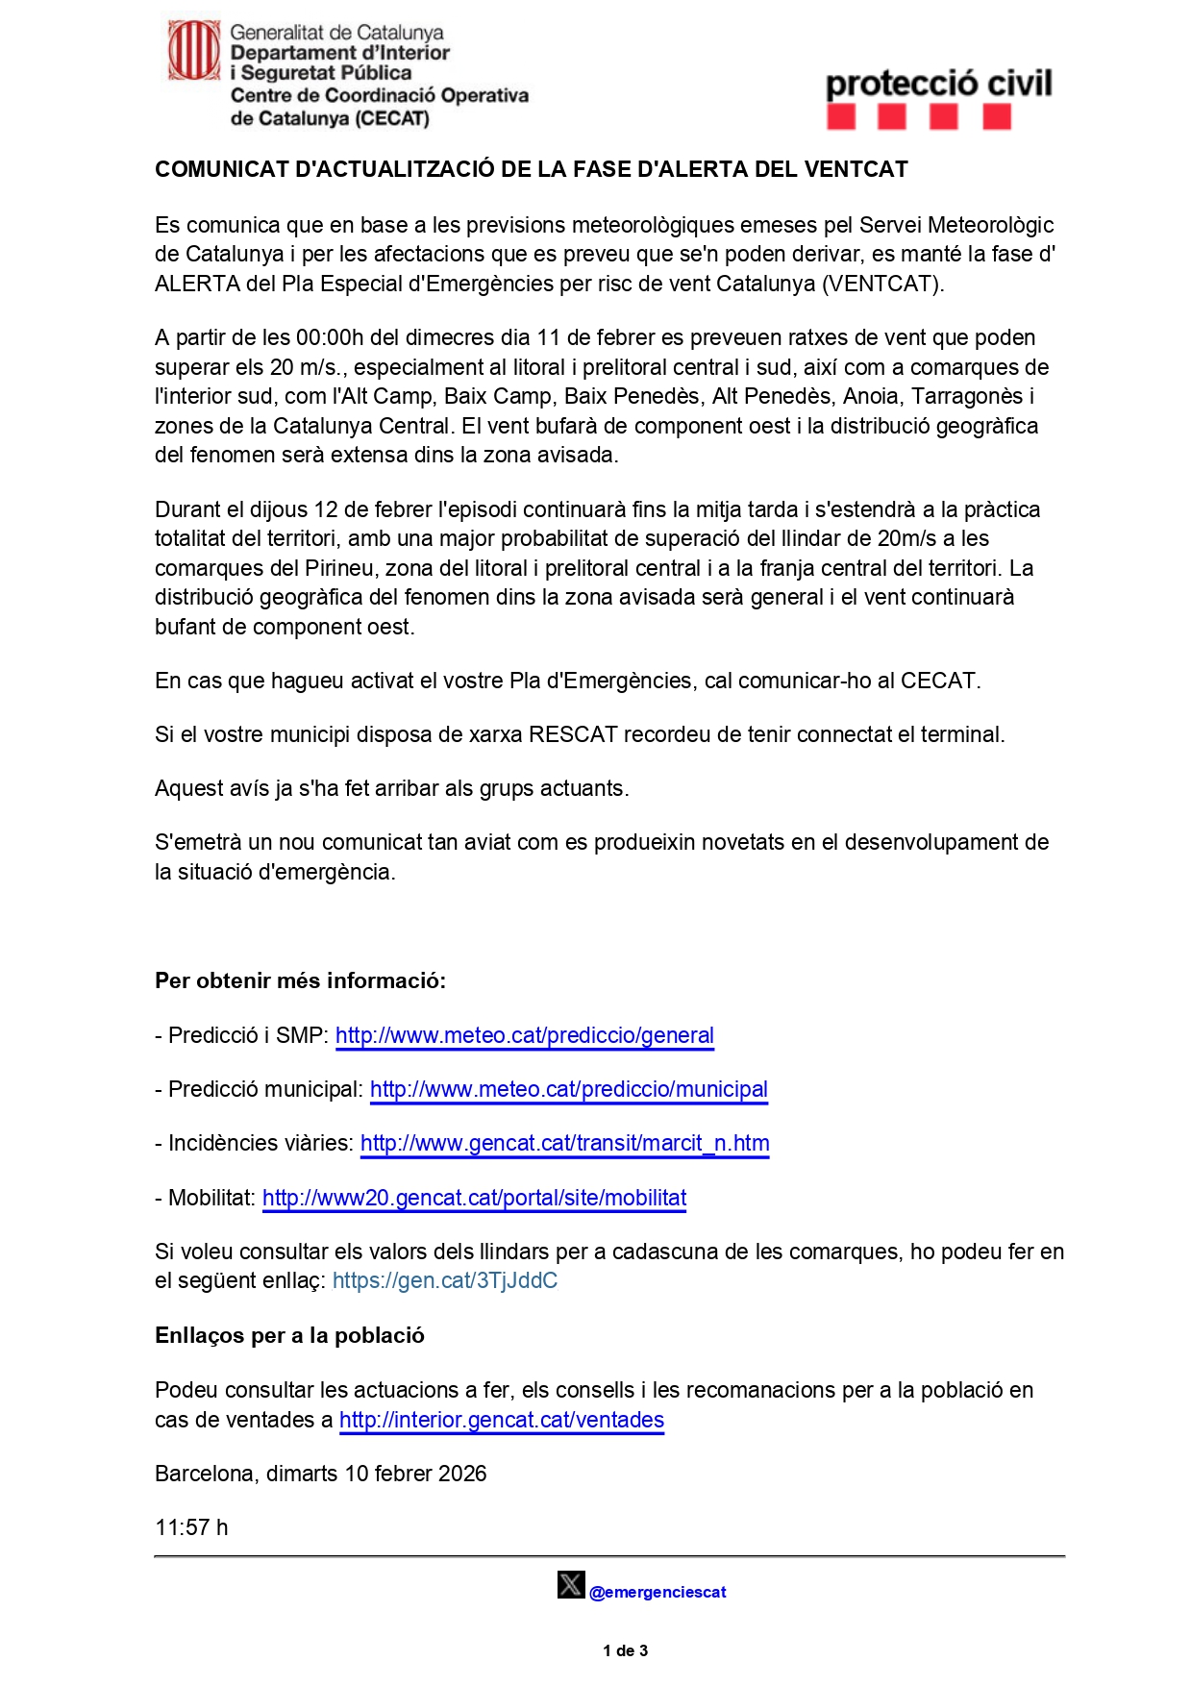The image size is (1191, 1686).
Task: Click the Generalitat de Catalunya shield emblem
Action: (x=194, y=51)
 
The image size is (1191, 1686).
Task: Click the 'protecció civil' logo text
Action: (x=938, y=84)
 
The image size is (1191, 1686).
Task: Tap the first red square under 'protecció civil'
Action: (x=841, y=117)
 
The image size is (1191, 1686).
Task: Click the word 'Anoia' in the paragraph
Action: (x=871, y=397)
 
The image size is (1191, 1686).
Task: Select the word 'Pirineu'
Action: (x=339, y=568)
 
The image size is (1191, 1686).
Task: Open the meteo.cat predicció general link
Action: (x=524, y=1036)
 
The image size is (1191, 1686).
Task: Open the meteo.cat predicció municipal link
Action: (x=568, y=1090)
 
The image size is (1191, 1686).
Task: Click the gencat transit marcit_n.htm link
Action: (x=564, y=1144)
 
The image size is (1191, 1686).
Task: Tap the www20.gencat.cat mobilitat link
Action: (x=474, y=1199)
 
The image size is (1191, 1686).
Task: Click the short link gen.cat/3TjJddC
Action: (x=444, y=1281)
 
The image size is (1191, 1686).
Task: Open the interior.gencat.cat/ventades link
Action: (x=501, y=1421)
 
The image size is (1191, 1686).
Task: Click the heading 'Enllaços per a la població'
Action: (x=289, y=1336)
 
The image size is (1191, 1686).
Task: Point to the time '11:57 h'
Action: (x=191, y=1528)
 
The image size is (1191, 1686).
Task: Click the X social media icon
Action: (x=570, y=1584)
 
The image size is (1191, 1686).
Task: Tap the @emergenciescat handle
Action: (x=658, y=1593)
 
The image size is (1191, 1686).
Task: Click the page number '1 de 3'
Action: (x=625, y=1650)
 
